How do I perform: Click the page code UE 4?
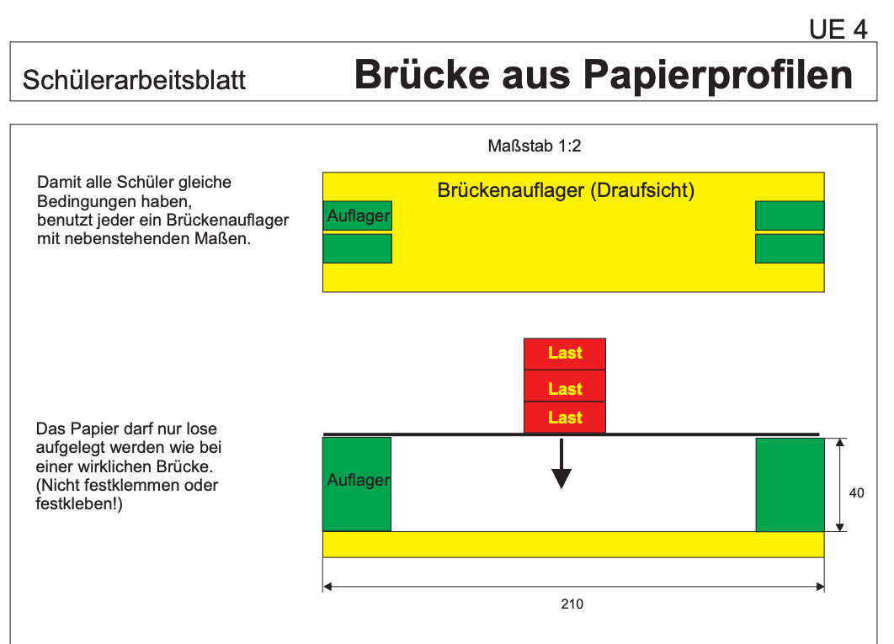(838, 29)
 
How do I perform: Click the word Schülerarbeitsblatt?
(134, 80)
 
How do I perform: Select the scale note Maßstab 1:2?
(535, 146)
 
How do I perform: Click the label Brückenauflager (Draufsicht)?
(566, 190)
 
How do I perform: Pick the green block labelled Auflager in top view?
(358, 216)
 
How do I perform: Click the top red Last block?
(565, 354)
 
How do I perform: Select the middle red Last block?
(565, 386)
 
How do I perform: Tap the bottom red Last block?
(565, 418)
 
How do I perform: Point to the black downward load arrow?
(561, 464)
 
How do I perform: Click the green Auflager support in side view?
(357, 484)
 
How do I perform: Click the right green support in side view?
(790, 485)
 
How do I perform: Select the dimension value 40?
(856, 492)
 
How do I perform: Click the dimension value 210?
(572, 604)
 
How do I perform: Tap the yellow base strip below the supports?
(573, 544)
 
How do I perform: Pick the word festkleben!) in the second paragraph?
(79, 504)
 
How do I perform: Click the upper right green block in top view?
(790, 216)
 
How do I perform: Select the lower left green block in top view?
(358, 248)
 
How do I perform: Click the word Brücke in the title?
(422, 74)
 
